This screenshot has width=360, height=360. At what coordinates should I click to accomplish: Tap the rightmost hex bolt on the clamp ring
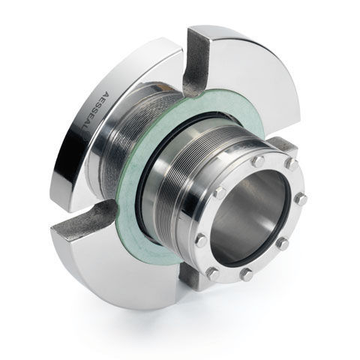[x=301, y=199]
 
